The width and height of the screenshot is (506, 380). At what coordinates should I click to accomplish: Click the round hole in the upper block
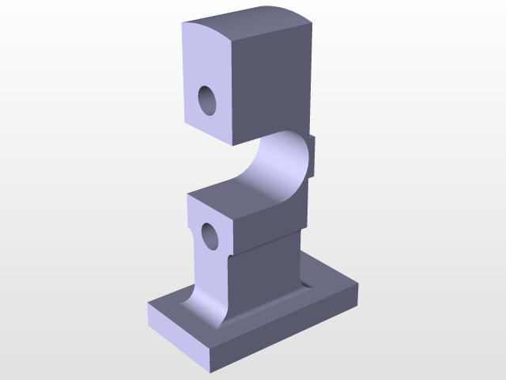(x=208, y=101)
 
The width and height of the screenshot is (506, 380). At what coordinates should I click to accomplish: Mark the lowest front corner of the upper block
(x=233, y=146)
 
